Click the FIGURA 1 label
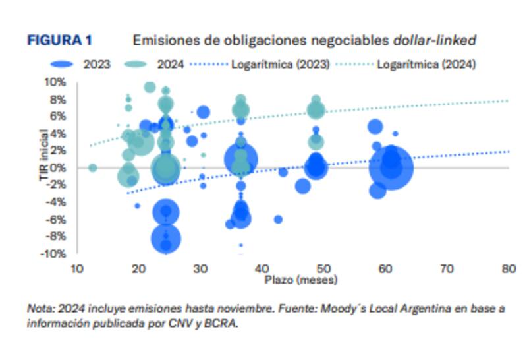pyautogui.click(x=59, y=41)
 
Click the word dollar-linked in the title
pyautogui.click(x=435, y=41)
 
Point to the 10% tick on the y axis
pyautogui.click(x=55, y=82)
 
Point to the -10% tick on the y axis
pyautogui.click(x=54, y=254)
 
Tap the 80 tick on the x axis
pyautogui.click(x=509, y=269)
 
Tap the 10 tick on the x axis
pyautogui.click(x=77, y=269)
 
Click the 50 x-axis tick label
pyautogui.click(x=323, y=269)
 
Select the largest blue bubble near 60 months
pyautogui.click(x=391, y=168)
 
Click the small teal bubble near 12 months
pyautogui.click(x=92, y=168)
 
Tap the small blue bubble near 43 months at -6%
pyautogui.click(x=278, y=220)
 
